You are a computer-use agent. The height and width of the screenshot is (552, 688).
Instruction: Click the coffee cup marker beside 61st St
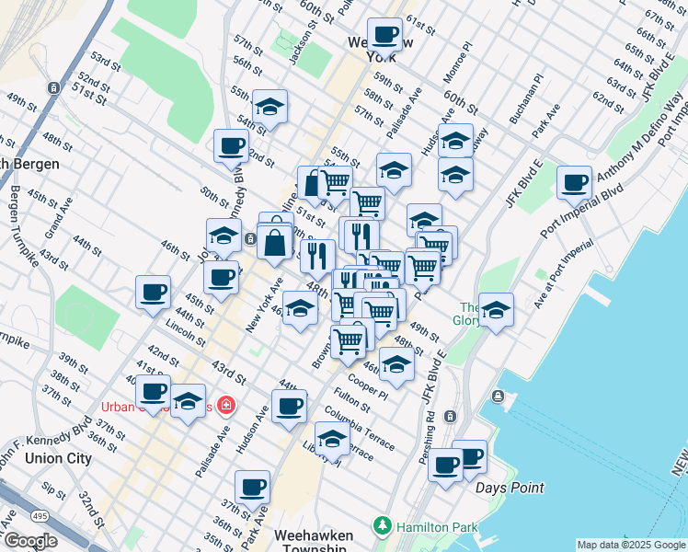(x=384, y=35)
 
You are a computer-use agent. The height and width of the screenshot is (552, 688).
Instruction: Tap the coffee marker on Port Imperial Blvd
(x=575, y=182)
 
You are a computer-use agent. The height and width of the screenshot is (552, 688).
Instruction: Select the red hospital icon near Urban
(x=224, y=405)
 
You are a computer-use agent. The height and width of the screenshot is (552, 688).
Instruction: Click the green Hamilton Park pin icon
(x=384, y=526)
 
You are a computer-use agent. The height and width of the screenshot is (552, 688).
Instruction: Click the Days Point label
(x=510, y=488)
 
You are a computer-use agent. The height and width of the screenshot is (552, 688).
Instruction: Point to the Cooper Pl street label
(x=368, y=385)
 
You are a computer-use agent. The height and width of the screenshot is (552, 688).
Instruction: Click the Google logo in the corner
(x=30, y=541)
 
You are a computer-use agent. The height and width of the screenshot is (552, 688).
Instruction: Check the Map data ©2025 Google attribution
(x=630, y=545)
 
